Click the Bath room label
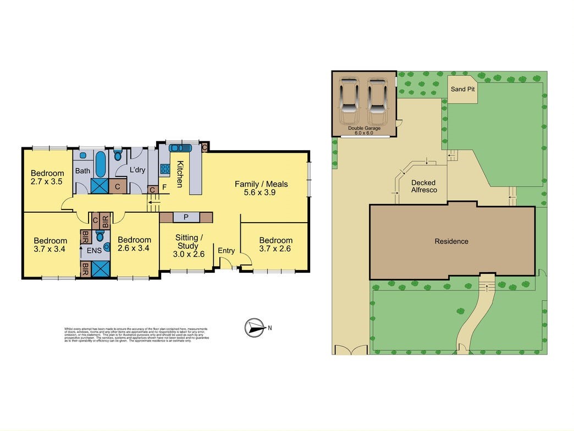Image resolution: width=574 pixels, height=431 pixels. click(82, 171)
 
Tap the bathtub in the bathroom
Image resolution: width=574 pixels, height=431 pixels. click(101, 163)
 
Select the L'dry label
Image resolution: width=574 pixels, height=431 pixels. click(137, 171)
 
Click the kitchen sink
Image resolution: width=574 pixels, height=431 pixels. click(179, 148)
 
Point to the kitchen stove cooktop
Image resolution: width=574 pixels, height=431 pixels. click(164, 169)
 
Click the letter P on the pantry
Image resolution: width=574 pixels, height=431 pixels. click(186, 217)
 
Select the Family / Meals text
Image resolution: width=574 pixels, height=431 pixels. click(261, 184)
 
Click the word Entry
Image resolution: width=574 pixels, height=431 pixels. click(227, 251)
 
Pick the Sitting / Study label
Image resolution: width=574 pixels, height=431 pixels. click(189, 242)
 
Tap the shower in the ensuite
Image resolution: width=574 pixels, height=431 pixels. click(100, 269)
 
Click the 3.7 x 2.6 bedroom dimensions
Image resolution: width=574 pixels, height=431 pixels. click(276, 249)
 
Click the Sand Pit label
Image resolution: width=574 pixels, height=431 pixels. click(462, 89)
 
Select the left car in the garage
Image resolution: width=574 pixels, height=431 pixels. click(349, 102)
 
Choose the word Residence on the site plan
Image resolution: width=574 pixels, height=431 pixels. click(451, 241)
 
